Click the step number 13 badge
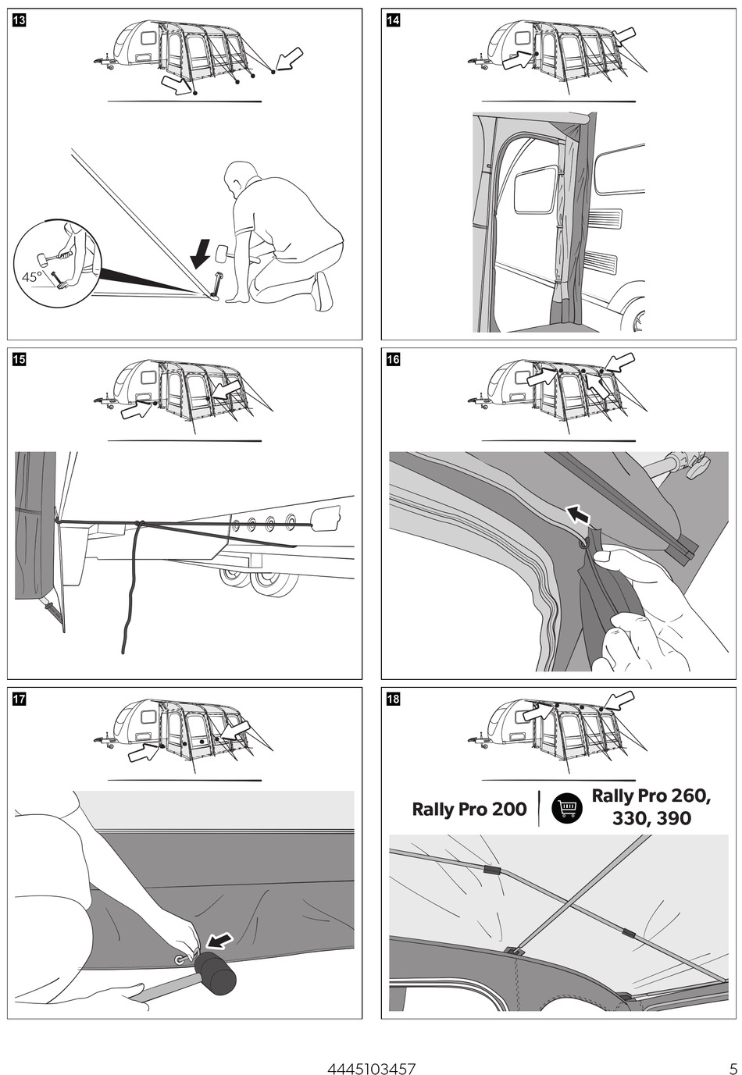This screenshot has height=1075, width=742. (x=20, y=20)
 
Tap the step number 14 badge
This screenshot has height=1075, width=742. (x=393, y=20)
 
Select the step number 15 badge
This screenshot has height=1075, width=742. (x=20, y=359)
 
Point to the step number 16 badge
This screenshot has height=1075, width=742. (x=393, y=359)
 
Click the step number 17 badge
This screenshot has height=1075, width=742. (x=20, y=699)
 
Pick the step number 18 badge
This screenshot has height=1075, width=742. (x=393, y=699)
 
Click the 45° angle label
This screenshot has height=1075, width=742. (x=32, y=276)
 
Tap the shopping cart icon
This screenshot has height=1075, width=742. (x=567, y=808)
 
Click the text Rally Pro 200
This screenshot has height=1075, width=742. (x=469, y=809)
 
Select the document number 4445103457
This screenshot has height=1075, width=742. (x=371, y=1069)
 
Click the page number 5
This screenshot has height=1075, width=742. (x=731, y=1069)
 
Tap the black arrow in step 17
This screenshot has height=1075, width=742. (x=220, y=940)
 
